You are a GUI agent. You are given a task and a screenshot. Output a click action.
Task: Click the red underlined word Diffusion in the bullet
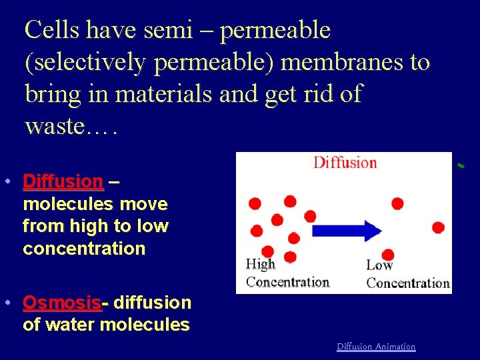[x=63, y=181]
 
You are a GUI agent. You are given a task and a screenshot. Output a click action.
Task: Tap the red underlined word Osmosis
[x=61, y=303]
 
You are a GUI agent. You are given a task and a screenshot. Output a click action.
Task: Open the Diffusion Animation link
[x=376, y=347]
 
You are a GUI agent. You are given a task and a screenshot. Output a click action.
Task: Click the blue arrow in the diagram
[x=347, y=231]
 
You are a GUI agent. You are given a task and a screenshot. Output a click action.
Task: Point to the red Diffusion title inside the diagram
[x=345, y=163]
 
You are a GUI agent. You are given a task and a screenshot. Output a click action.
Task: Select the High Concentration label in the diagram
[x=287, y=273]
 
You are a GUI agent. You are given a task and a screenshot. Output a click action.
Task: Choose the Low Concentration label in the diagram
[x=407, y=274]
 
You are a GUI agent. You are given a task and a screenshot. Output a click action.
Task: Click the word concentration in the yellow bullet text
[x=84, y=249]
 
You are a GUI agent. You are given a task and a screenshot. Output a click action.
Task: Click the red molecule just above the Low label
[x=387, y=255]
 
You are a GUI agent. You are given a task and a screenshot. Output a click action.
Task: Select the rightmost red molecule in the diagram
[x=438, y=227]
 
